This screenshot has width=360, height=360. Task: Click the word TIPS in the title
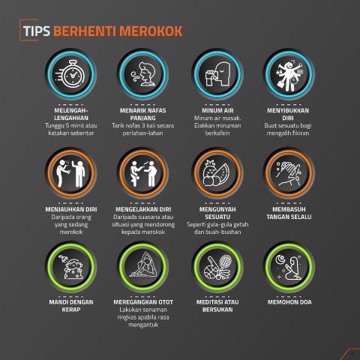[x=37, y=31]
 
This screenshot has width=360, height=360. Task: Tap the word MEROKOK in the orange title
[x=151, y=31]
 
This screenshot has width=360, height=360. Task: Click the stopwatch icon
[x=70, y=73]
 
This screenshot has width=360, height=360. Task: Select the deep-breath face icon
[x=143, y=74]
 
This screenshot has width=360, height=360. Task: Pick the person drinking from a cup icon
[x=217, y=74]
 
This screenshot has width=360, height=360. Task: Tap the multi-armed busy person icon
[x=289, y=75]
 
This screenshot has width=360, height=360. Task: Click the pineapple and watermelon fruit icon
[x=216, y=173]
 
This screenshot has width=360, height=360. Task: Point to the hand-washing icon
[x=289, y=173]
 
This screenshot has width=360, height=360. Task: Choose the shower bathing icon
[x=71, y=267]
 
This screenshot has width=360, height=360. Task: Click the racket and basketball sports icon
[x=217, y=267]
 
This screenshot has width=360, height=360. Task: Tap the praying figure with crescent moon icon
[x=289, y=267]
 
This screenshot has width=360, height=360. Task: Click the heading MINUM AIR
[x=217, y=110]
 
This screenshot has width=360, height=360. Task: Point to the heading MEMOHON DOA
[x=289, y=302]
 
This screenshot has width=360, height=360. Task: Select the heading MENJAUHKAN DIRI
[x=71, y=209]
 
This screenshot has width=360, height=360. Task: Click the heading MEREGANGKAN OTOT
[x=143, y=302]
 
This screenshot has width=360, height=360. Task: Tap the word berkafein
[x=217, y=133]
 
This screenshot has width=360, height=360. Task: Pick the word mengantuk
[x=143, y=325]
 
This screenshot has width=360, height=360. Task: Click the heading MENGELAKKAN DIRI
[x=143, y=209]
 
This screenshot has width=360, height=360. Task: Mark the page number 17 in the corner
[x=352, y=355]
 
